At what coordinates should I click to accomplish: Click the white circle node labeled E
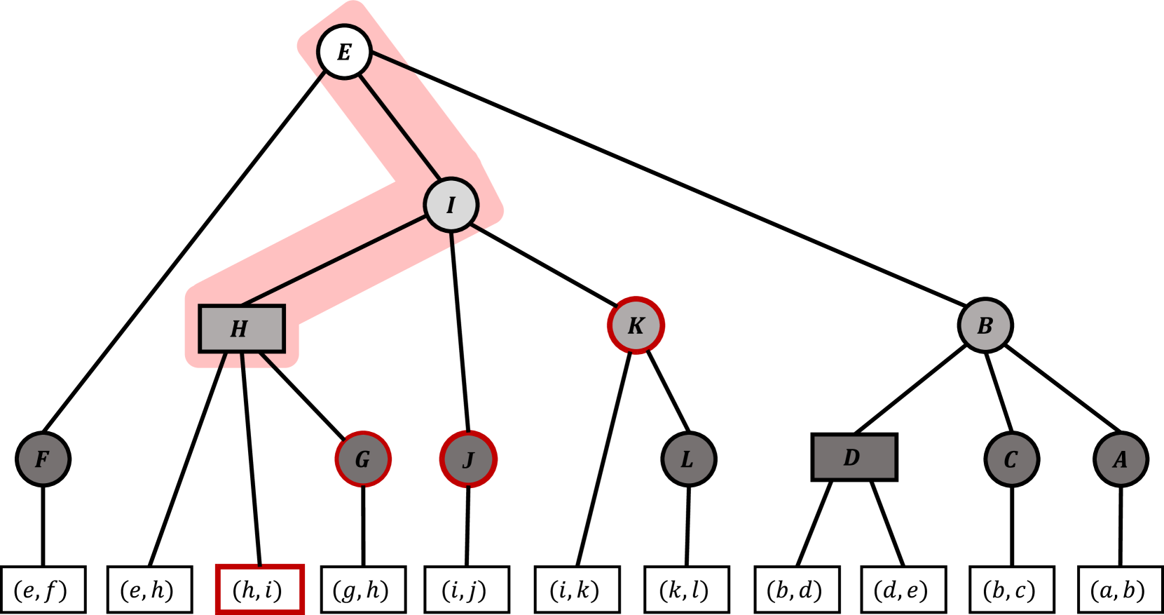tap(343, 52)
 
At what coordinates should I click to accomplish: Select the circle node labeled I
tap(451, 205)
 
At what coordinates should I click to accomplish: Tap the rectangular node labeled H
tap(242, 328)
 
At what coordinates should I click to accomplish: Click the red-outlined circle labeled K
tap(636, 325)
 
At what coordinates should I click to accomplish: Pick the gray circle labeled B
tap(985, 325)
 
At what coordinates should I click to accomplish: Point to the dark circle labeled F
tap(43, 459)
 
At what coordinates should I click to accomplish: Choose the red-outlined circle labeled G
tap(363, 459)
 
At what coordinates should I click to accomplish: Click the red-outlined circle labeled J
tap(469, 459)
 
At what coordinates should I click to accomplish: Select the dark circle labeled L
tap(689, 459)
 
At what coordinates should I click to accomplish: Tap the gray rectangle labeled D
tap(854, 457)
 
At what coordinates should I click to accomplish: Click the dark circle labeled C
tap(1011, 459)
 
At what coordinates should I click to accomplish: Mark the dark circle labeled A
tap(1121, 459)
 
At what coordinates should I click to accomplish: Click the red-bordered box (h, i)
tap(259, 590)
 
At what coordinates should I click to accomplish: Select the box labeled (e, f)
tap(43, 590)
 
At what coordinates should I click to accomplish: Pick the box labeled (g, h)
tap(362, 590)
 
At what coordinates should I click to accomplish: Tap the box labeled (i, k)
tap(576, 590)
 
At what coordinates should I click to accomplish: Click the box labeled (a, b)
tap(1120, 590)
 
